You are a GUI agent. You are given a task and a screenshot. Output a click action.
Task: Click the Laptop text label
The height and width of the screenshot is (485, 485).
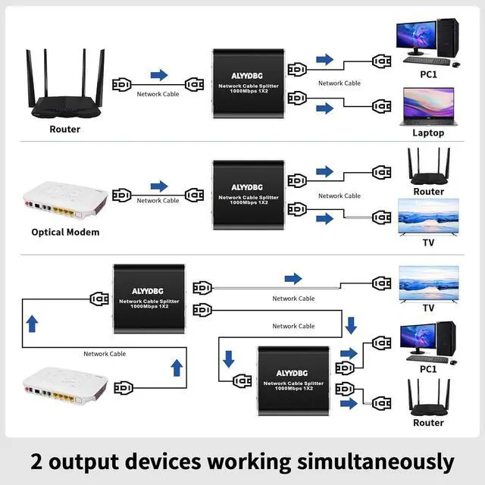tap(428, 133)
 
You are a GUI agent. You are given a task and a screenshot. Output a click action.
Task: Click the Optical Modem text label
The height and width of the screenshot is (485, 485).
tap(65, 232)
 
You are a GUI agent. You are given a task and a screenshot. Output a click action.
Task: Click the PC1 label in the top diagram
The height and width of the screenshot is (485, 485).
tap(428, 76)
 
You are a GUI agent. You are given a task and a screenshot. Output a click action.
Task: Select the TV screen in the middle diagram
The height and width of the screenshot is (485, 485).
tap(428, 214)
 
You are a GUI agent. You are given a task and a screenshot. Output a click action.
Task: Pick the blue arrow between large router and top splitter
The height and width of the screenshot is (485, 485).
tap(159, 75)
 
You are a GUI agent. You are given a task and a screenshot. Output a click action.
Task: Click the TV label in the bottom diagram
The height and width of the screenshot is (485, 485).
tap(428, 308)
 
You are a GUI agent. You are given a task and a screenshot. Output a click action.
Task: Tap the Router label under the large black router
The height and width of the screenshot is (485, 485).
tap(65, 129)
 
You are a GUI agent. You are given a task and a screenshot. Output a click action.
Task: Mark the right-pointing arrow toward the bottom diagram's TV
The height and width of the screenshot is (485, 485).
tap(293, 280)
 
